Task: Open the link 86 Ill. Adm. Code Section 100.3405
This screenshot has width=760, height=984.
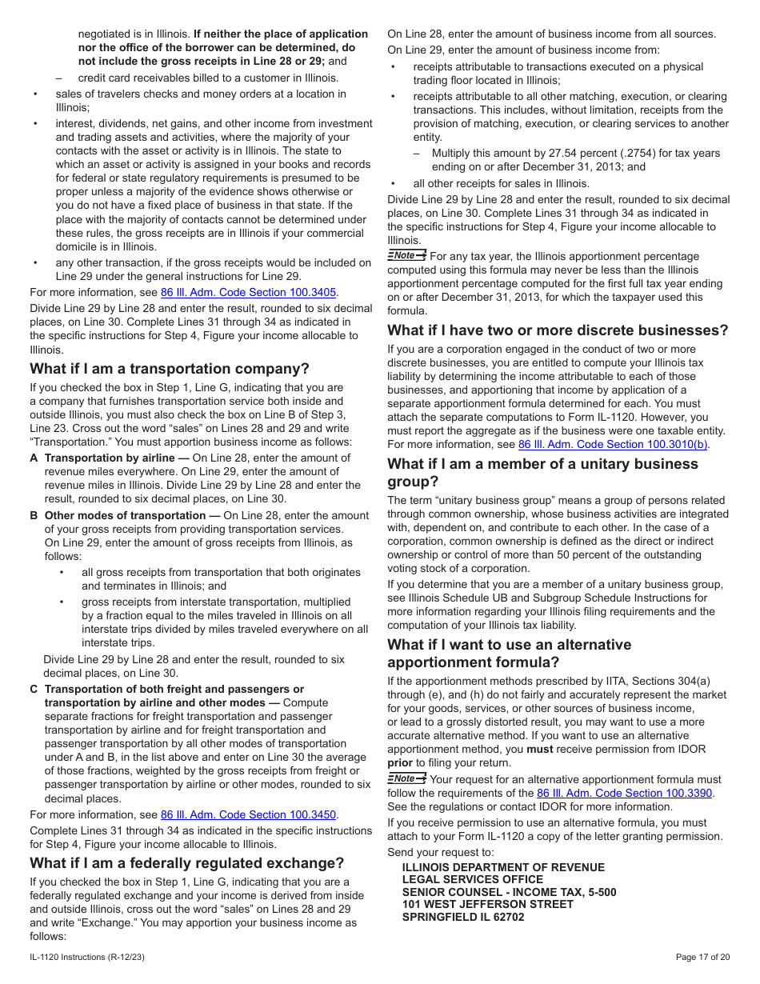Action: [x=248, y=292]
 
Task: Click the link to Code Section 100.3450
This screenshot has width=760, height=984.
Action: [x=248, y=814]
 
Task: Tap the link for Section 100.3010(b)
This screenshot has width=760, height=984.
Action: [x=613, y=445]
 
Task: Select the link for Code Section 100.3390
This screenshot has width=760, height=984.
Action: [x=624, y=793]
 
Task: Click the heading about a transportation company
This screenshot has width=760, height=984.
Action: [x=170, y=369]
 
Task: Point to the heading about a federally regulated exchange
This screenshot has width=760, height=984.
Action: [x=187, y=863]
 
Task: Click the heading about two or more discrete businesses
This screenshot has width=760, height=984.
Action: [x=558, y=330]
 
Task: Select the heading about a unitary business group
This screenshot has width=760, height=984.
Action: [x=542, y=473]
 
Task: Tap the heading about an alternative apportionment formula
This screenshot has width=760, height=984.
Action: [x=509, y=654]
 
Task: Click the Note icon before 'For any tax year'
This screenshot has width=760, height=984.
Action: [x=406, y=255]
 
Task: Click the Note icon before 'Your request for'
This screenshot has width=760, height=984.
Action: [x=406, y=778]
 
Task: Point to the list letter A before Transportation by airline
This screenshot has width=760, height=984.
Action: [x=34, y=458]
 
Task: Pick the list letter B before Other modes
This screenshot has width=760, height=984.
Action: [x=34, y=516]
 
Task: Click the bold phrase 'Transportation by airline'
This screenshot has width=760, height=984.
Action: [x=110, y=458]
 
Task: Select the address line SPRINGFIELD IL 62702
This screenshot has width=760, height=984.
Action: [x=463, y=917]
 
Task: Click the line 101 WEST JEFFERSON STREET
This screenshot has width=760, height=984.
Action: [x=487, y=904]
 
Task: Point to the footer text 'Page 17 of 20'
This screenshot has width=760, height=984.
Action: [x=702, y=957]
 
